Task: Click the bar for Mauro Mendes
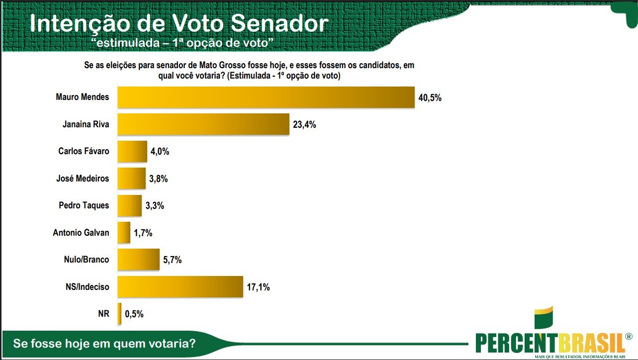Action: click(266, 97)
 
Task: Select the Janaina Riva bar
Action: click(203, 124)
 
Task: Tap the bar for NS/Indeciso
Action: click(180, 286)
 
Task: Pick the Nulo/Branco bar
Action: click(138, 260)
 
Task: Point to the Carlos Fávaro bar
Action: click(132, 151)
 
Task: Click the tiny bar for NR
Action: click(119, 314)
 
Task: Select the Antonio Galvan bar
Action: click(124, 232)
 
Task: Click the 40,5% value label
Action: click(430, 98)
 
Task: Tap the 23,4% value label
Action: click(304, 125)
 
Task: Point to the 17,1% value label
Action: click(258, 287)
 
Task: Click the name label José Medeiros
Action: click(83, 179)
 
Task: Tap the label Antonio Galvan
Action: click(81, 232)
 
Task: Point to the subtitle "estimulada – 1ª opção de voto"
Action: click(183, 43)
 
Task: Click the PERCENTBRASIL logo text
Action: click(550, 342)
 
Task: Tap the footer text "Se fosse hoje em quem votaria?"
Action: click(104, 344)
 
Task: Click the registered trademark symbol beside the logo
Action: click(629, 336)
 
